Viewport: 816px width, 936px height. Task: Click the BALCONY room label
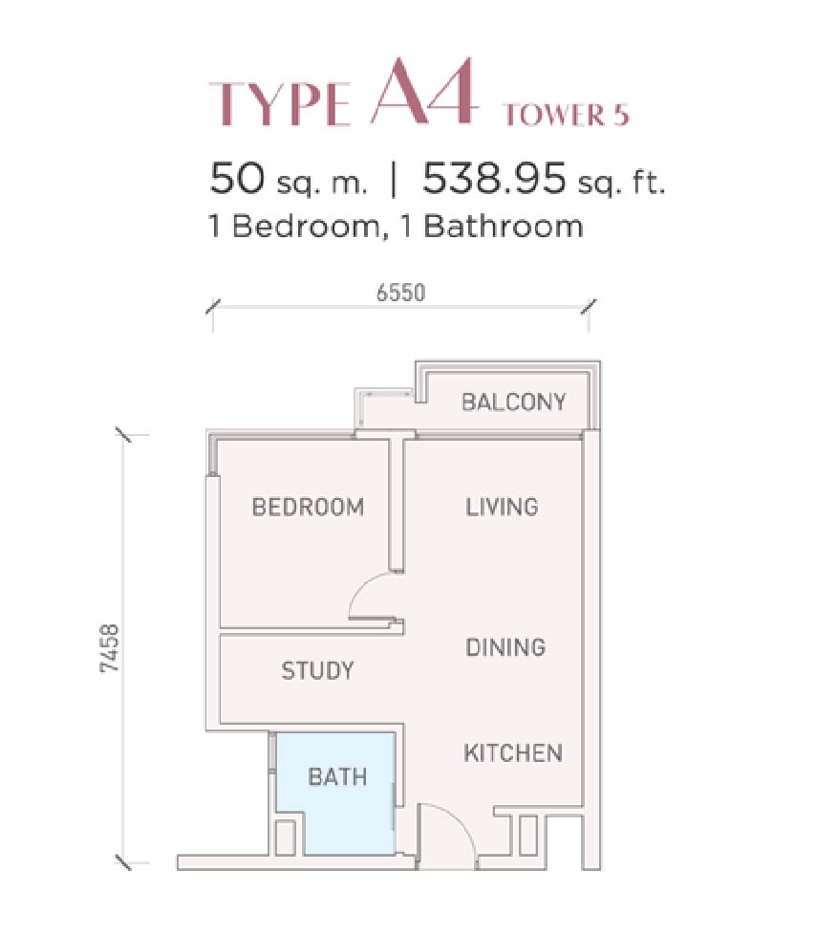tap(513, 402)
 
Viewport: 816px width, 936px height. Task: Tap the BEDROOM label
tap(308, 507)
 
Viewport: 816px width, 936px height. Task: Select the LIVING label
tap(502, 507)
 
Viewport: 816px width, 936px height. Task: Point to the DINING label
tap(505, 647)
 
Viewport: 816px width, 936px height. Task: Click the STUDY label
tap(317, 670)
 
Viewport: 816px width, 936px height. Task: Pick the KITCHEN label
tap(513, 752)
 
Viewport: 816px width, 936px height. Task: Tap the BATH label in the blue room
tap(337, 776)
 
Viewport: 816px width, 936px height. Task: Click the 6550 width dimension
tap(401, 293)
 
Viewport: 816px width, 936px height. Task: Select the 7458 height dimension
tap(110, 649)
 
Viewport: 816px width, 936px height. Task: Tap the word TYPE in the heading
tap(279, 104)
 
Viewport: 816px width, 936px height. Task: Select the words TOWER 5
tap(566, 115)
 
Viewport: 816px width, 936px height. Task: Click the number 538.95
tap(494, 179)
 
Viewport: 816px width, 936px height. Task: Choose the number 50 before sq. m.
tap(237, 179)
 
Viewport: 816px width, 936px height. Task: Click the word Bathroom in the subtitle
tap(504, 227)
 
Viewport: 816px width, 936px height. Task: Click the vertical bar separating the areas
tap(393, 180)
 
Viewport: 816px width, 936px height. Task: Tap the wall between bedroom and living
tap(397, 506)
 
